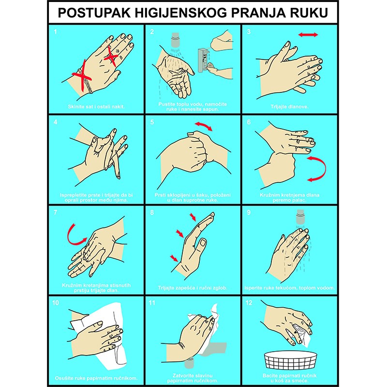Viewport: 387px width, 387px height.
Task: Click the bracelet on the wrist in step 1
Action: (x=85, y=81)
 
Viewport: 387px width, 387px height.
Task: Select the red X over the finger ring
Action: (x=111, y=56)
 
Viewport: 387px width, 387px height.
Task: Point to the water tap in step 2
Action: (x=175, y=40)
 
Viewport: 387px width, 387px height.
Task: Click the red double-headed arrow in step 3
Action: (x=308, y=35)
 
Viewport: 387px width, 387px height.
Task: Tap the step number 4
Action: (x=55, y=122)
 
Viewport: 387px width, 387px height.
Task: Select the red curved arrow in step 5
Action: (x=203, y=126)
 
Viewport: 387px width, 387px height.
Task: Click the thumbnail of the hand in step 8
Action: (x=202, y=243)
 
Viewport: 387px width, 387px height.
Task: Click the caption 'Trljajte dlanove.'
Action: (x=289, y=107)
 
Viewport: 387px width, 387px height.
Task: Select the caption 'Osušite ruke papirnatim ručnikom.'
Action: (x=96, y=378)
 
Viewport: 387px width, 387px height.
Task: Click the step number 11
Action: (x=152, y=303)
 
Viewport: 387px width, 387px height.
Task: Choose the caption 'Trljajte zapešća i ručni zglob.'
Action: (x=193, y=288)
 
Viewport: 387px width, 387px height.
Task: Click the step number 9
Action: (x=249, y=212)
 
